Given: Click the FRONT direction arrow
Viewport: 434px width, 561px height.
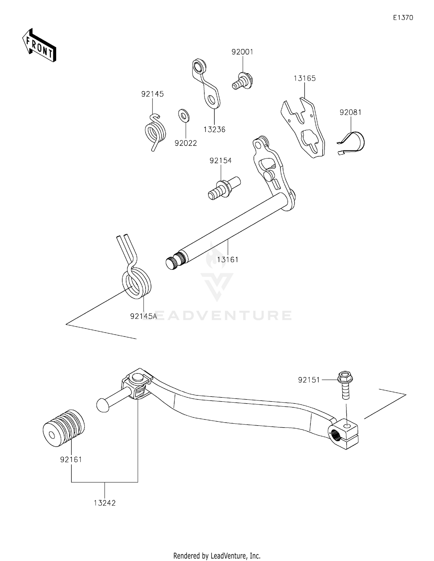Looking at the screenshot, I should (39, 45).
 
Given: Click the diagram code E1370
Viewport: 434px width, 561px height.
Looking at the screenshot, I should (403, 18).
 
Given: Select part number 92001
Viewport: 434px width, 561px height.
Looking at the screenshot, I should (242, 52).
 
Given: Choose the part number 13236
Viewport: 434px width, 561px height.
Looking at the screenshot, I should (214, 130).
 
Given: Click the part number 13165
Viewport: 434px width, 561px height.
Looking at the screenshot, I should (304, 78).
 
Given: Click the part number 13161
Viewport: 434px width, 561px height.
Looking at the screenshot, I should (228, 260).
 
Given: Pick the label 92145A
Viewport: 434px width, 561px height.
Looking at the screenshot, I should (144, 316).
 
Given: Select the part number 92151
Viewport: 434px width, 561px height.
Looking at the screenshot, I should (309, 380).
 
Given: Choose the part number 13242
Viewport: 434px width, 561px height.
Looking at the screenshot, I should (104, 503).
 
